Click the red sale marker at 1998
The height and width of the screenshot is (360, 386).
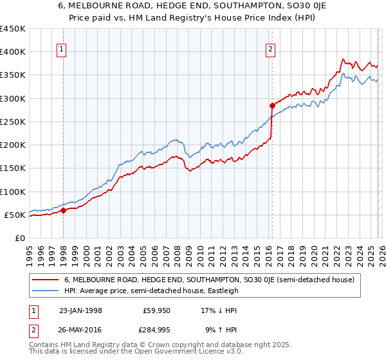(64, 210)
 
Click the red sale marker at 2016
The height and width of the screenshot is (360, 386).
(272, 105)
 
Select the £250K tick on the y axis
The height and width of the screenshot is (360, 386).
(13, 122)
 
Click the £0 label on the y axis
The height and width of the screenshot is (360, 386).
(19, 238)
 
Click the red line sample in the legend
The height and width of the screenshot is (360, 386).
(46, 280)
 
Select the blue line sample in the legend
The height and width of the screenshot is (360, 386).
(46, 291)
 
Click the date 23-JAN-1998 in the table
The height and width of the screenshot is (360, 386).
(80, 310)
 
